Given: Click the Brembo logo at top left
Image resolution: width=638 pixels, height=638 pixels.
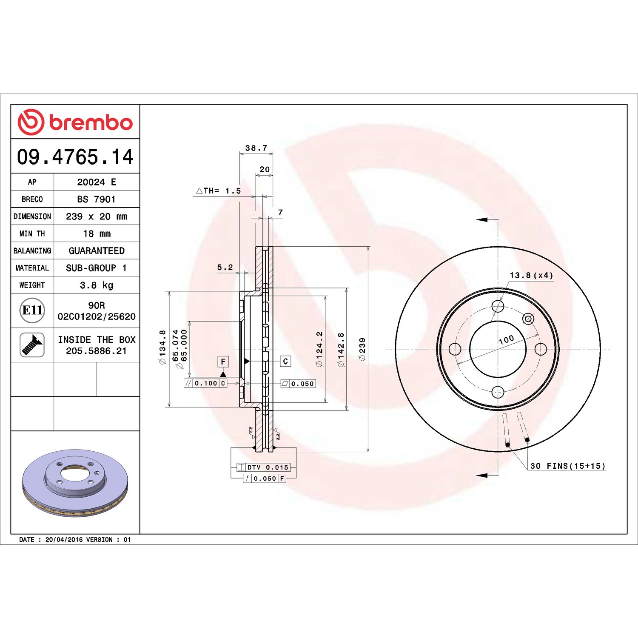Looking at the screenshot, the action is (x=75, y=122).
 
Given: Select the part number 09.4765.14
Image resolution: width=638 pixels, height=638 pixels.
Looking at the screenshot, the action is (x=75, y=157).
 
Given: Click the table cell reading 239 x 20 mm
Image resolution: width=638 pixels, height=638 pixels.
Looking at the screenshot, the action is (x=97, y=216).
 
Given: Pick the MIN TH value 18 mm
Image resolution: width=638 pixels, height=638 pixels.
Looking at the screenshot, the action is (x=97, y=234).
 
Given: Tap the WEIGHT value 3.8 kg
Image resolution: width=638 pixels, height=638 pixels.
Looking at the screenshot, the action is (x=97, y=285).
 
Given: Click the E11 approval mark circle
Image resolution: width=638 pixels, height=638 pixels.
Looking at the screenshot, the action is (x=32, y=310).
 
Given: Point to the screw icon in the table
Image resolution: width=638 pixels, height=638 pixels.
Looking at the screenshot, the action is (x=32, y=345).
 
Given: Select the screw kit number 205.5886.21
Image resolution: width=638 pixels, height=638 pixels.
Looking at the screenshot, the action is (x=97, y=351).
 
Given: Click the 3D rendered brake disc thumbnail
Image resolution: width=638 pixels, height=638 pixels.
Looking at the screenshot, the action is (x=75, y=482).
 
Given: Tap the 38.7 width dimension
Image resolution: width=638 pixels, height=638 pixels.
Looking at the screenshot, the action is (x=256, y=148).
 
